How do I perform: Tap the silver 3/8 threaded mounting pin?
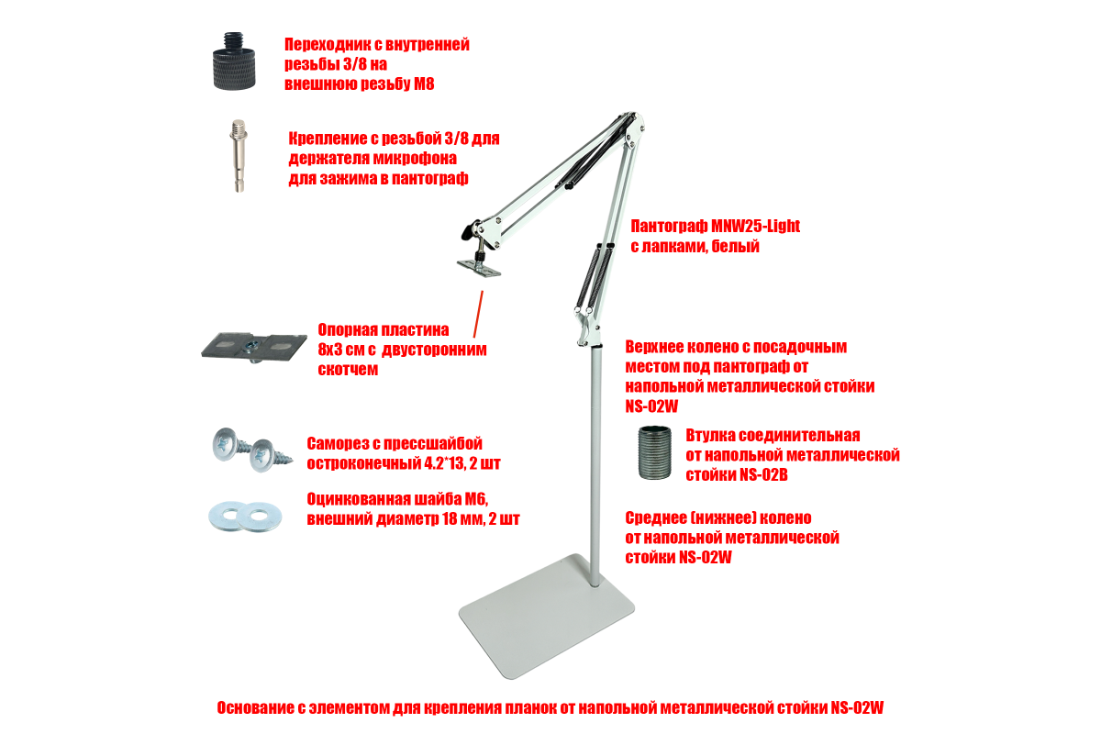point(239,155)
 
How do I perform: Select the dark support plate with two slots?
point(254,347)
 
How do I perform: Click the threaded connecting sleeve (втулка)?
point(654,453)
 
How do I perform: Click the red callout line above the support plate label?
point(478,314)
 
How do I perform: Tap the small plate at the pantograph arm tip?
point(479,268)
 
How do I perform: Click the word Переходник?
point(328,45)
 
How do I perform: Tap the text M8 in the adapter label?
point(424,84)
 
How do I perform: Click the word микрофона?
point(416,159)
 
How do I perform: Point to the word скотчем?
point(348,369)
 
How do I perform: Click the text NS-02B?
point(763,475)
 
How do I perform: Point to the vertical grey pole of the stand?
point(595,466)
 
